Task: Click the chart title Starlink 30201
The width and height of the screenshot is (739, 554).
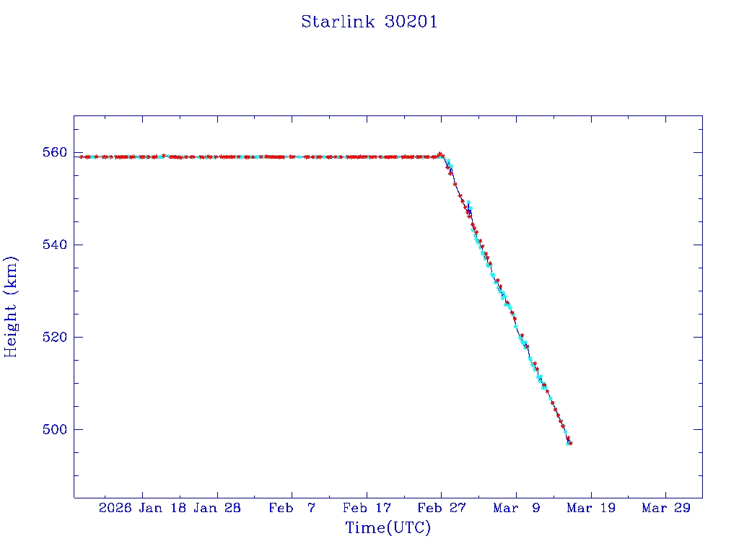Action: (369, 22)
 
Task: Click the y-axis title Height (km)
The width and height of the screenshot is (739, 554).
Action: (11, 306)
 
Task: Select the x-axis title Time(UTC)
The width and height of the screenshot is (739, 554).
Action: (388, 528)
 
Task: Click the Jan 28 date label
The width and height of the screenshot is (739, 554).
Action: (217, 508)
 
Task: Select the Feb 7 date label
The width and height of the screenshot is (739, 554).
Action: (292, 508)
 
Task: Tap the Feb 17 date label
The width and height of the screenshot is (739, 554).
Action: (367, 508)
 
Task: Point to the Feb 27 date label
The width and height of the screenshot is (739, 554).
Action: (441, 508)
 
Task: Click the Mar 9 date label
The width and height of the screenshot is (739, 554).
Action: (516, 508)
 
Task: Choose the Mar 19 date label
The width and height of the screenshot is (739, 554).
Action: (590, 508)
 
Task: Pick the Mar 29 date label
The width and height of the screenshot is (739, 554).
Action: (665, 508)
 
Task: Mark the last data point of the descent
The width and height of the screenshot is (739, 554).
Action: (570, 443)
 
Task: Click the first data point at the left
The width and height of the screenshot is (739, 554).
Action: (82, 157)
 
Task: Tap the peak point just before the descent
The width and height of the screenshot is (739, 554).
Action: (440, 154)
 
